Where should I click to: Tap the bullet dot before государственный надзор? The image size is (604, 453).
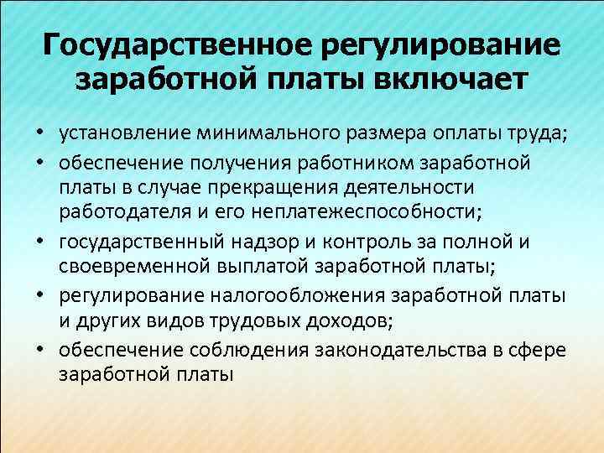pos(39,243)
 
